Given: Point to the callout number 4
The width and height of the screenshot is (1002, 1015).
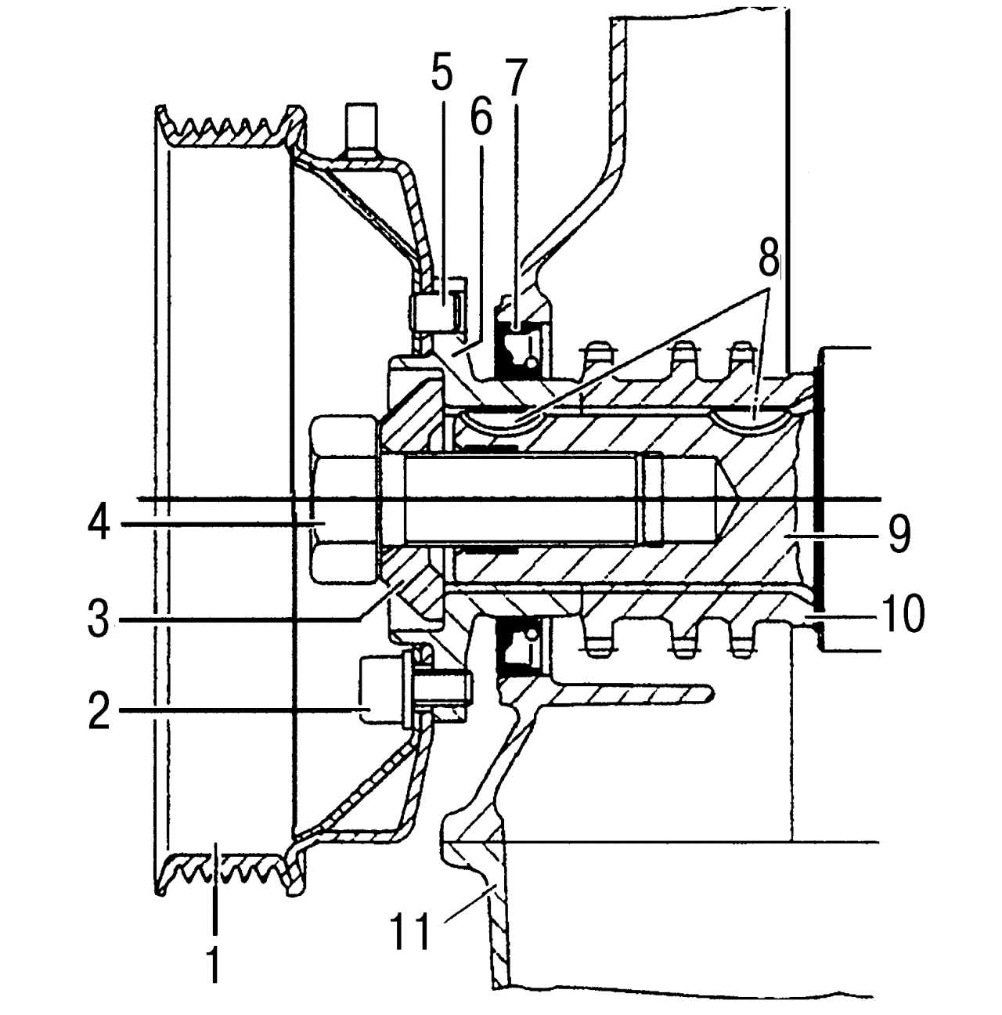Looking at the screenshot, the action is click(x=99, y=522).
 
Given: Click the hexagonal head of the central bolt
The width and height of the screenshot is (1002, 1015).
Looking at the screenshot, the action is click(x=344, y=499).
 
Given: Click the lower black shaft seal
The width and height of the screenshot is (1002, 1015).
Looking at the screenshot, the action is click(x=516, y=648).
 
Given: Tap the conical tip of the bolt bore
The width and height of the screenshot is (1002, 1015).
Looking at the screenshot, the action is click(x=733, y=499).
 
